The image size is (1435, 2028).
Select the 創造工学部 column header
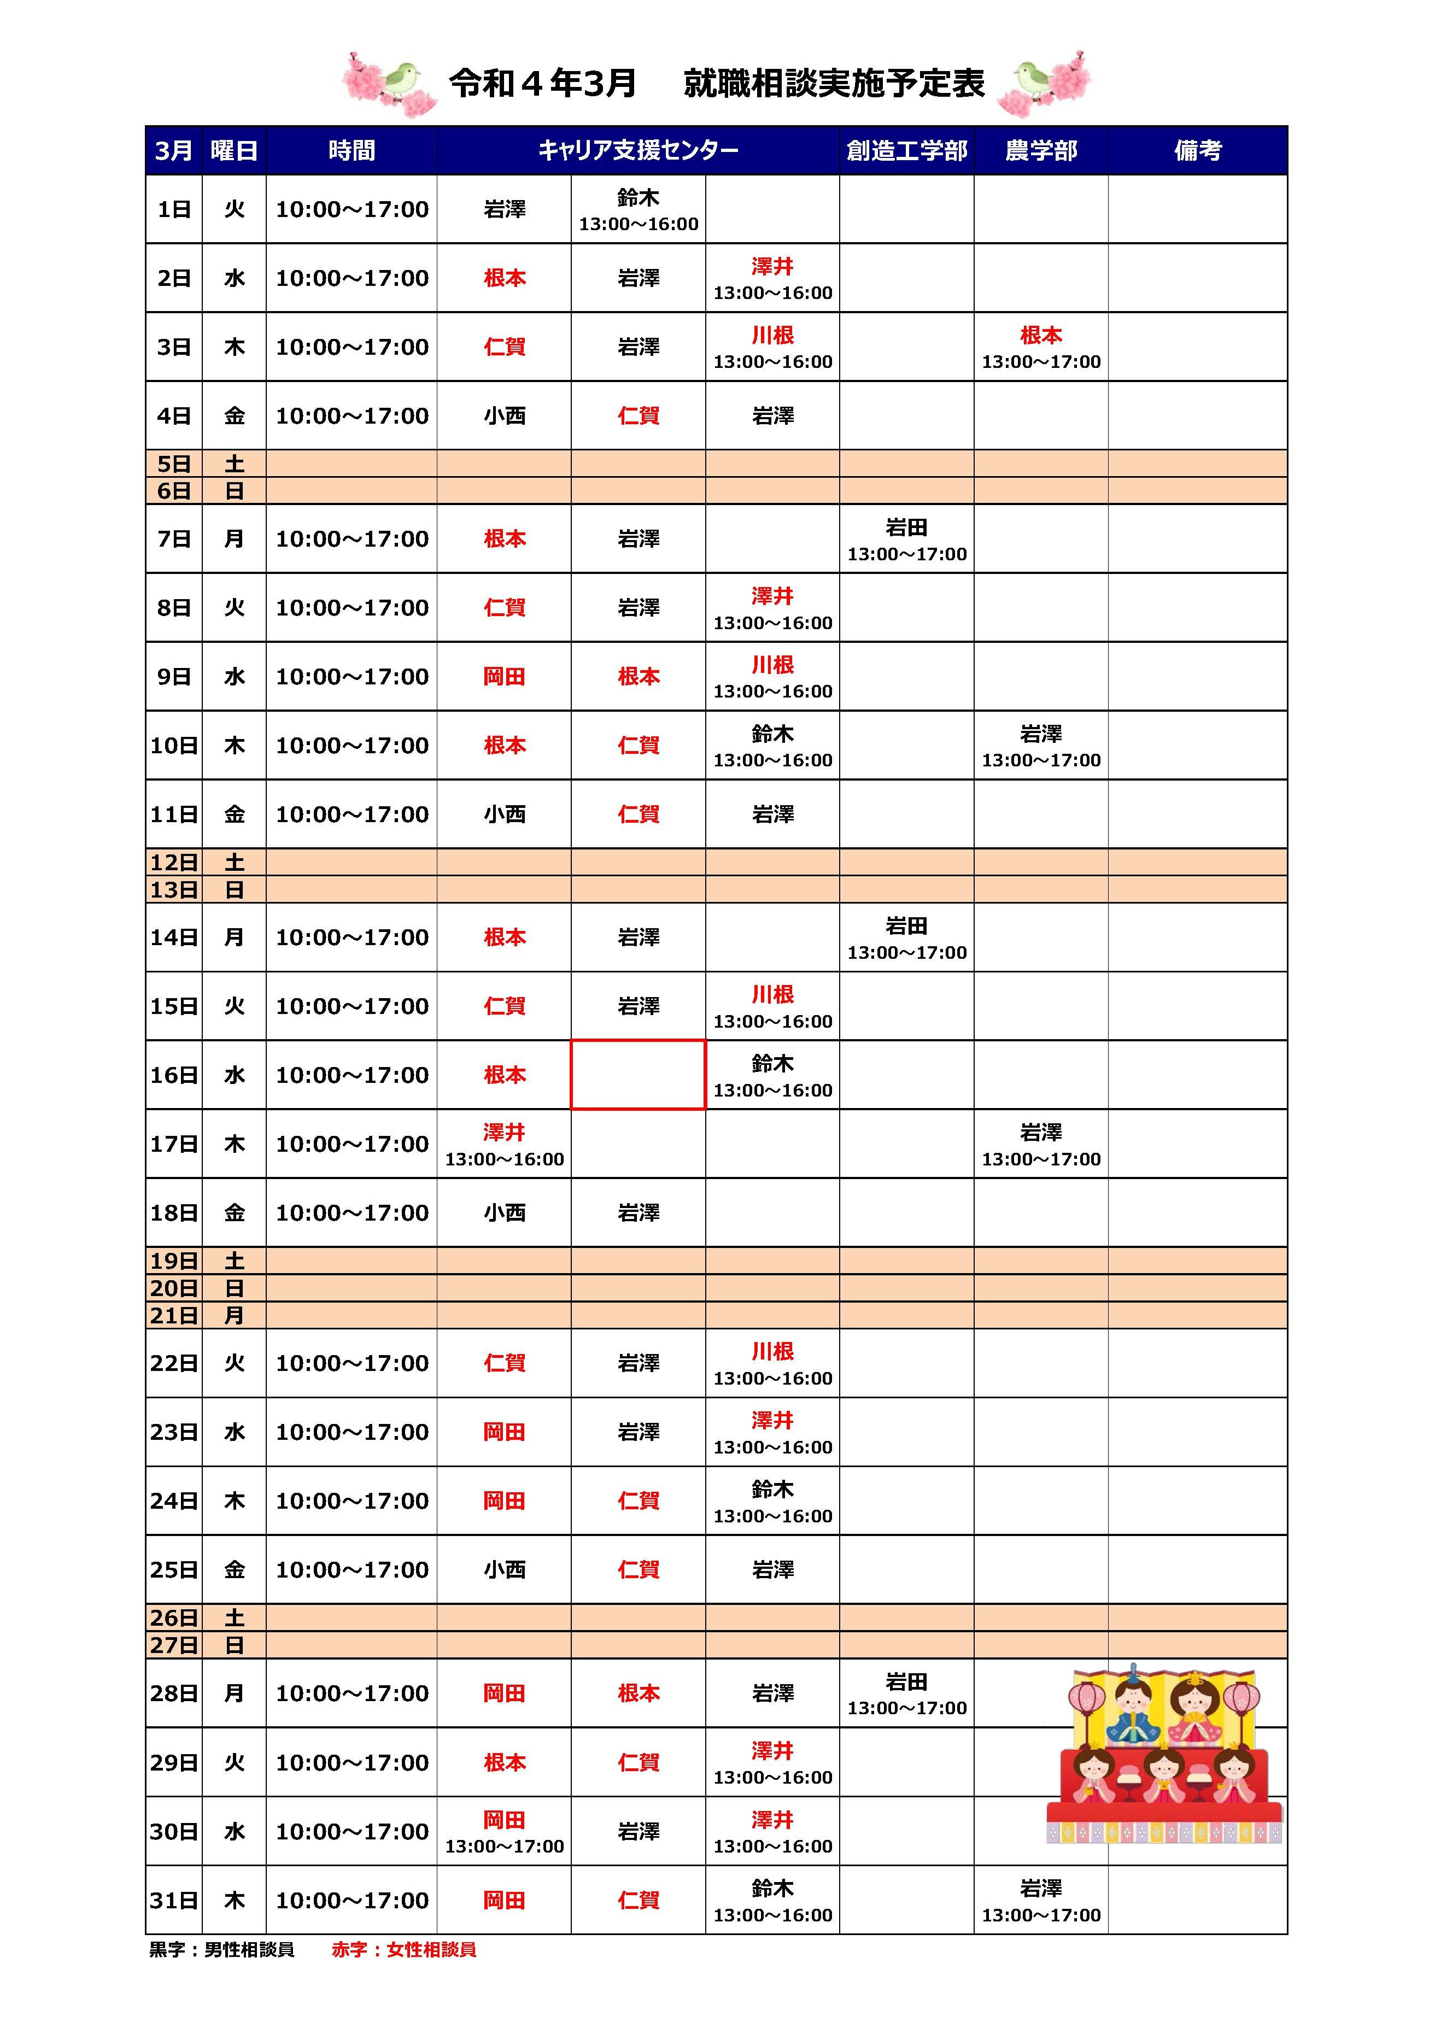(x=906, y=150)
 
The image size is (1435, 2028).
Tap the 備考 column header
(x=1197, y=150)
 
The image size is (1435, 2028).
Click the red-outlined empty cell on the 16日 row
(x=638, y=1075)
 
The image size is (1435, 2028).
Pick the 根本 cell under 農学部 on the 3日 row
(x=1041, y=347)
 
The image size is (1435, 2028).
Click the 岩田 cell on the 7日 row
(x=906, y=539)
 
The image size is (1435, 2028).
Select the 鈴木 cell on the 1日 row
(x=638, y=209)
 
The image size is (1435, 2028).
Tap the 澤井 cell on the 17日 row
(x=503, y=1144)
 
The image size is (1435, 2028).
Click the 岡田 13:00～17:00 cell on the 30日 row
(x=503, y=1832)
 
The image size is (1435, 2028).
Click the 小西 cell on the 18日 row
(x=503, y=1212)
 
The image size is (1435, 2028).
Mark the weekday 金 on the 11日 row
(x=234, y=814)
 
